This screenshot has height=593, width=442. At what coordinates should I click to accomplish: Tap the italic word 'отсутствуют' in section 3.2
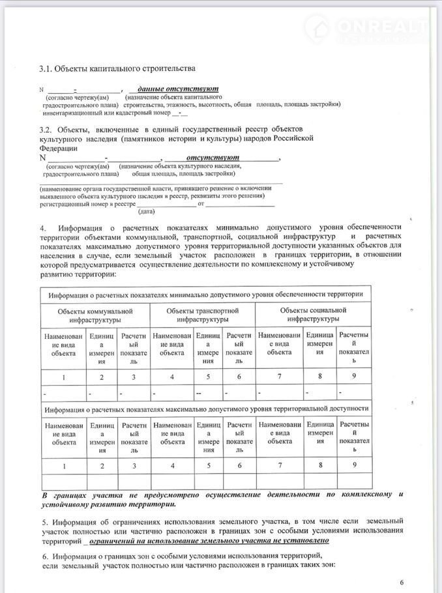click(213, 157)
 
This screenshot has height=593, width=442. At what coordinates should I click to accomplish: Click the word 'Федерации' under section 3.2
click(58, 148)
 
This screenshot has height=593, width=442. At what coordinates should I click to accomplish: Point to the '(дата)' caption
click(146, 212)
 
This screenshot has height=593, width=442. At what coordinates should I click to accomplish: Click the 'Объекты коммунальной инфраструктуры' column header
click(95, 315)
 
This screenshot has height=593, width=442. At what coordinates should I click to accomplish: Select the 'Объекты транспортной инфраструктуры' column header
click(202, 315)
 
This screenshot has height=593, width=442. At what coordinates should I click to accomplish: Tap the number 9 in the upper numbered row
click(353, 375)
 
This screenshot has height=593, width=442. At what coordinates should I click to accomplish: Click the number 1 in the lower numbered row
click(64, 465)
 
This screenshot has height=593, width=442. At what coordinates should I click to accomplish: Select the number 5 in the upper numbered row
click(207, 376)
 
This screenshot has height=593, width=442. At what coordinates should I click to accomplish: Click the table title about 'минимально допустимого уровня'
click(207, 295)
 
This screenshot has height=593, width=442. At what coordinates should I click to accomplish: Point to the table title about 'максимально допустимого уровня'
click(207, 408)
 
